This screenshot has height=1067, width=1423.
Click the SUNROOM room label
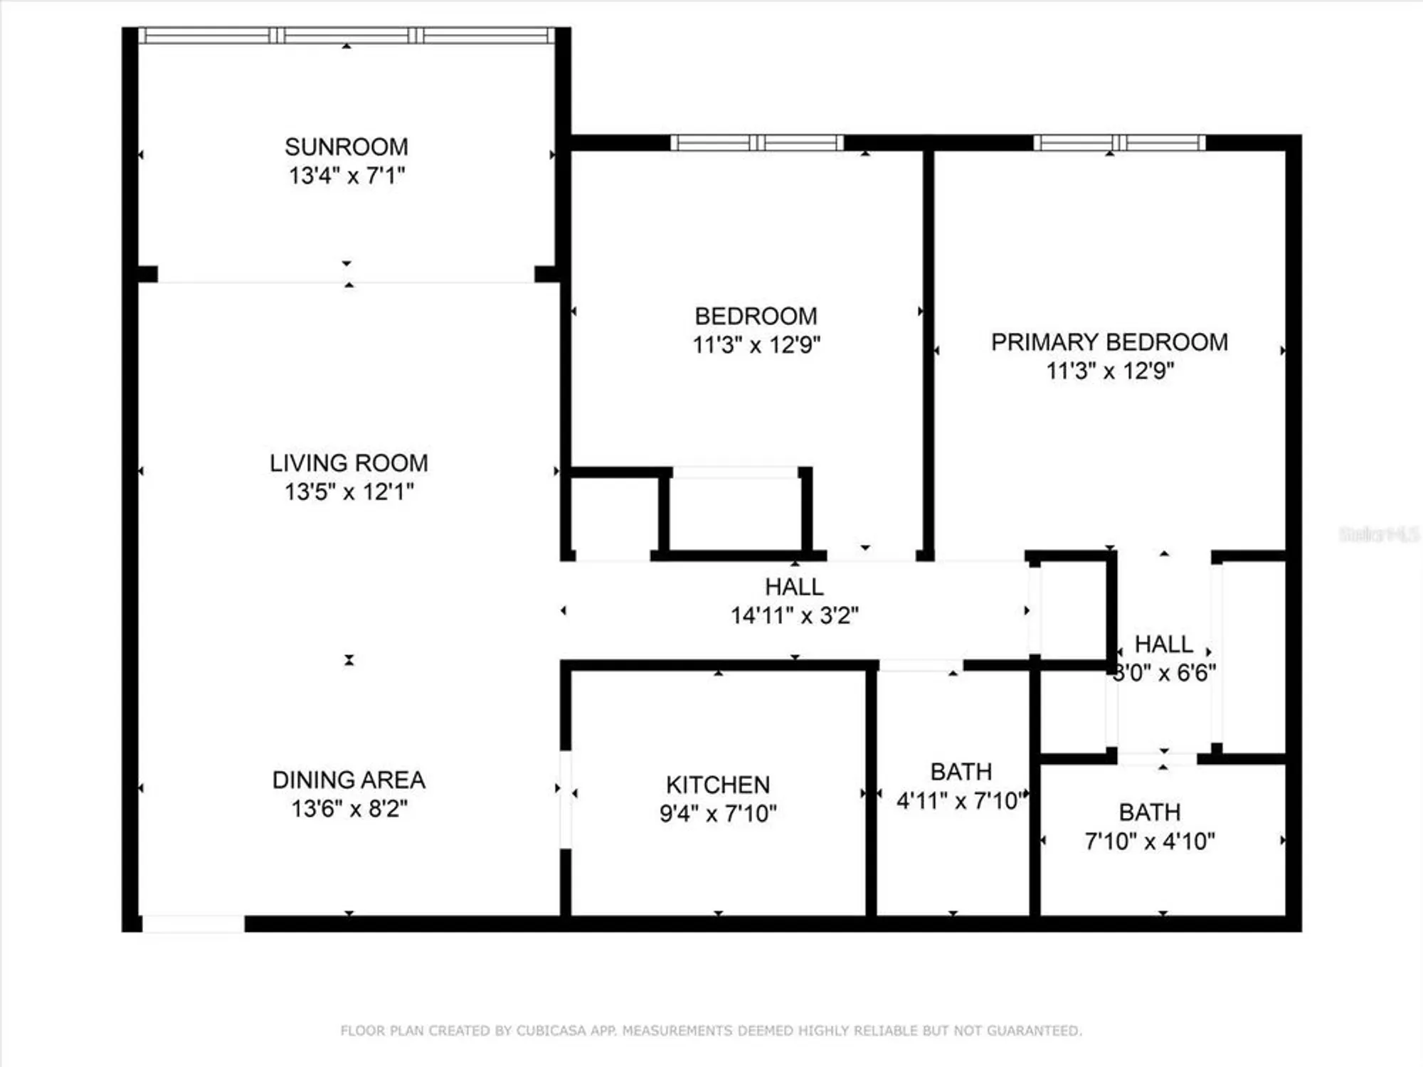pos(347,147)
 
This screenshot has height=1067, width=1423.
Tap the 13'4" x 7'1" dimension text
pos(347,176)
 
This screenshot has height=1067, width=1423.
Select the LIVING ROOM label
pos(349,463)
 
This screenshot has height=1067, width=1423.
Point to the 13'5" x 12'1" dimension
pos(349,492)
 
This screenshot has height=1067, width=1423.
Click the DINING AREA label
pos(349,780)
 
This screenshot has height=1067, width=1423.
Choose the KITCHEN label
pos(718,785)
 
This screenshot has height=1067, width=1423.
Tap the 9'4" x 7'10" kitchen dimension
pos(718,813)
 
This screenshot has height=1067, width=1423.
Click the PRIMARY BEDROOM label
pos(1109,342)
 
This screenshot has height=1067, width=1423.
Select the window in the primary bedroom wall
pos(1119,143)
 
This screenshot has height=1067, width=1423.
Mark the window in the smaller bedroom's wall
pos(757,143)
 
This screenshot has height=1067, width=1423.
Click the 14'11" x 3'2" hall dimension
pos(795,615)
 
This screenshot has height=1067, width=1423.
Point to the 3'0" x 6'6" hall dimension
pos(1164,673)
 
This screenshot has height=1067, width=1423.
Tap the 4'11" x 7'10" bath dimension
pos(961,801)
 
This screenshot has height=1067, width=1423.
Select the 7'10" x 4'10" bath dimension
pos(1150,842)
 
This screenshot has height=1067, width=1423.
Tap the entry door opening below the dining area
pos(194,924)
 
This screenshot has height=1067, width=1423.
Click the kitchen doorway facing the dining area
pos(566,800)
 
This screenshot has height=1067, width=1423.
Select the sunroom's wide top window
pos(347,36)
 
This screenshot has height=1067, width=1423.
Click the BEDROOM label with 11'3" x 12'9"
pos(756,317)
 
